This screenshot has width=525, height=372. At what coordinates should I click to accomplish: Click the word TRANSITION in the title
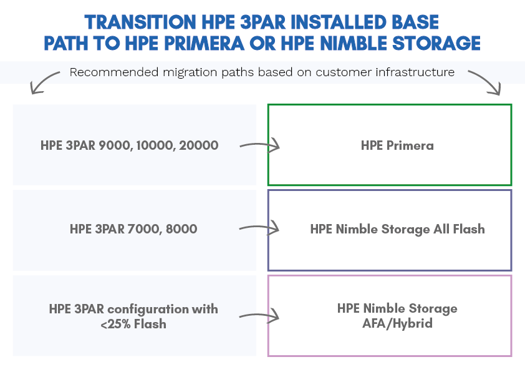tap(140, 22)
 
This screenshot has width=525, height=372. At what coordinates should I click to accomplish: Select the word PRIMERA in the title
tap(205, 44)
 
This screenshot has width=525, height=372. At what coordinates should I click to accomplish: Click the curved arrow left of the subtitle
tap(44, 82)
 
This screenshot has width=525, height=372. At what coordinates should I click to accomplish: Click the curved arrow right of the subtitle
tap(485, 82)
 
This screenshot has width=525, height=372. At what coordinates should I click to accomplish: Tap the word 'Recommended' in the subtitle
tap(114, 72)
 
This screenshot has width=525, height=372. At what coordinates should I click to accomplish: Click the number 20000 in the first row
tap(198, 145)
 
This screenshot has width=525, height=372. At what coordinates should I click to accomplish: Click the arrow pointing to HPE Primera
tap(260, 145)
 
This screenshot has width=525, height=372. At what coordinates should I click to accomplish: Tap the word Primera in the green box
tap(410, 145)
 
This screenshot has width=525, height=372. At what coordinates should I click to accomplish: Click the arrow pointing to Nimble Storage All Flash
tap(259, 228)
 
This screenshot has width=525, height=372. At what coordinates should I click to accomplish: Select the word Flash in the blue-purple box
tap(469, 229)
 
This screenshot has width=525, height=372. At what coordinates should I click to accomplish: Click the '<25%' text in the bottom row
tap(115, 325)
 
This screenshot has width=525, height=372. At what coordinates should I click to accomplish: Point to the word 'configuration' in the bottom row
tap(148, 310)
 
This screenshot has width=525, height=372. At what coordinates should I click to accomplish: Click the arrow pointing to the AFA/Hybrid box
tap(259, 316)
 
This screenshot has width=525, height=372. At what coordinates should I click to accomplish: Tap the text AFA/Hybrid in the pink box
tap(397, 324)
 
